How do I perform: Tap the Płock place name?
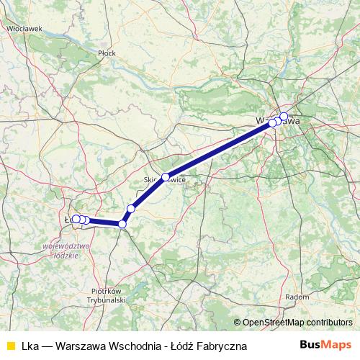[x=107, y=53]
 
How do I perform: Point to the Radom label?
[x=296, y=296]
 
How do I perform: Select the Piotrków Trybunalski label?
[x=107, y=294]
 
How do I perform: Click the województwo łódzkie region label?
[x=66, y=249]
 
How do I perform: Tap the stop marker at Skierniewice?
[x=166, y=177]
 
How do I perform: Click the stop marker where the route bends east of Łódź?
[x=122, y=225]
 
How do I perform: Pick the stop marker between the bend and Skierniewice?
[x=131, y=209]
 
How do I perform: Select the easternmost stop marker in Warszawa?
[x=284, y=117]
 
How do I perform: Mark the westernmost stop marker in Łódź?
[x=75, y=219]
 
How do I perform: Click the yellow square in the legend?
[x=10, y=346]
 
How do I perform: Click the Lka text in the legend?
[x=30, y=346]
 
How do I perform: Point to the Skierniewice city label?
[x=164, y=182]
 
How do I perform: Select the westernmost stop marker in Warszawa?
[x=272, y=123]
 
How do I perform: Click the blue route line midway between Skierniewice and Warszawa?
[x=219, y=150]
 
